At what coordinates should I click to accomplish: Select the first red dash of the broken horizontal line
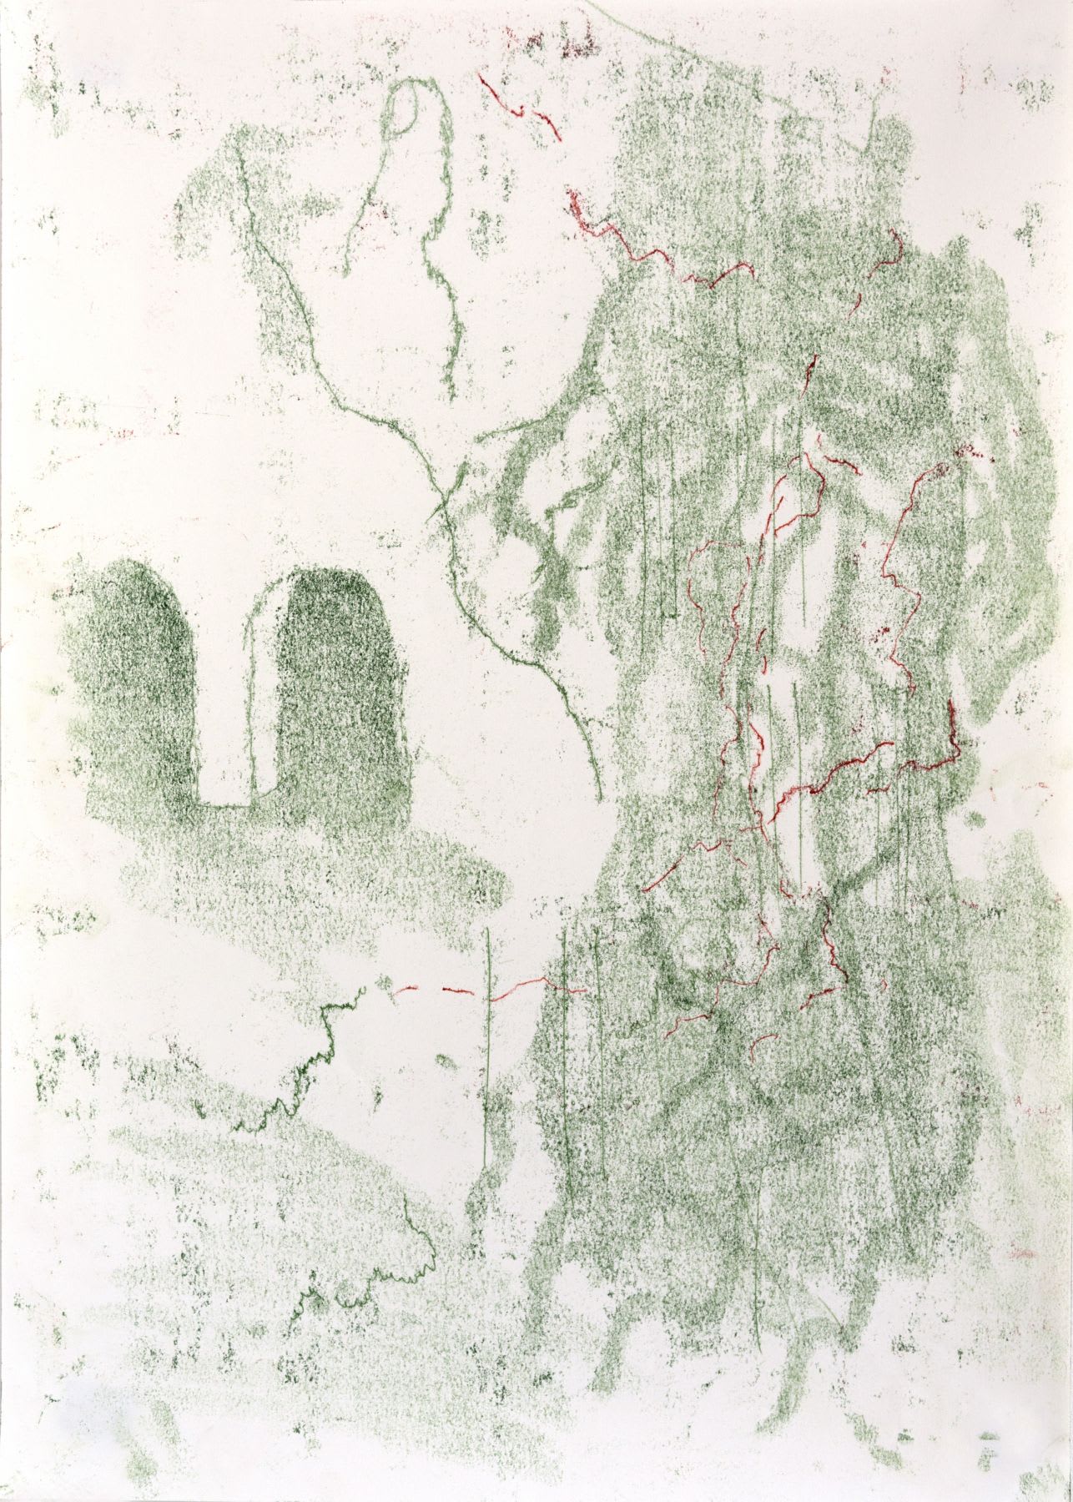coord(406,991)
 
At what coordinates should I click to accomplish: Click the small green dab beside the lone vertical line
coord(447,1064)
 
